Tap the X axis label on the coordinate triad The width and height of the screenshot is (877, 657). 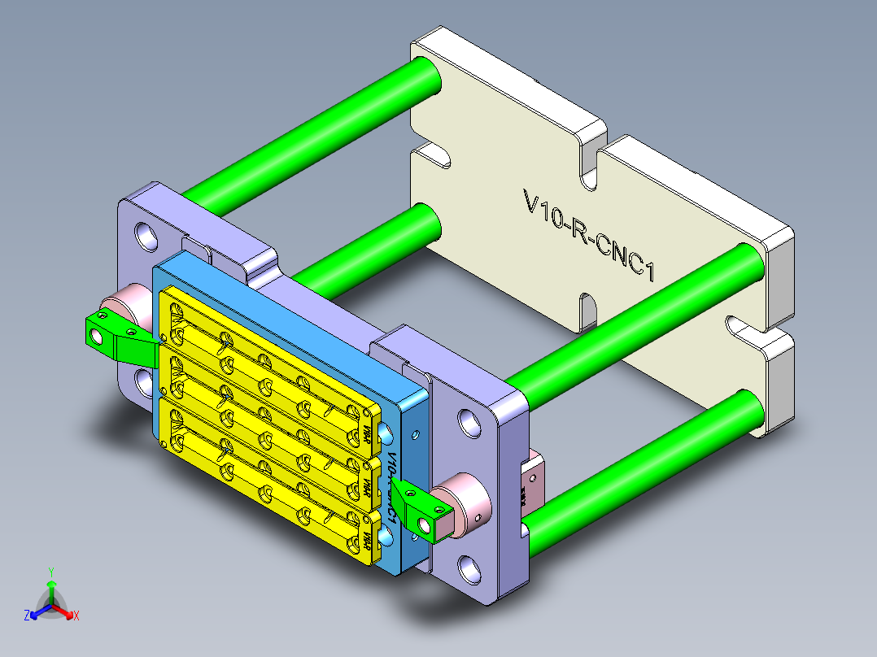[76, 616]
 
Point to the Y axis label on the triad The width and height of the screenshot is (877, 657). [50, 572]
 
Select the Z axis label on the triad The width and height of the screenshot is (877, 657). [27, 616]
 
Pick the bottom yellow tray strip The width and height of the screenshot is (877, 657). [268, 488]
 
